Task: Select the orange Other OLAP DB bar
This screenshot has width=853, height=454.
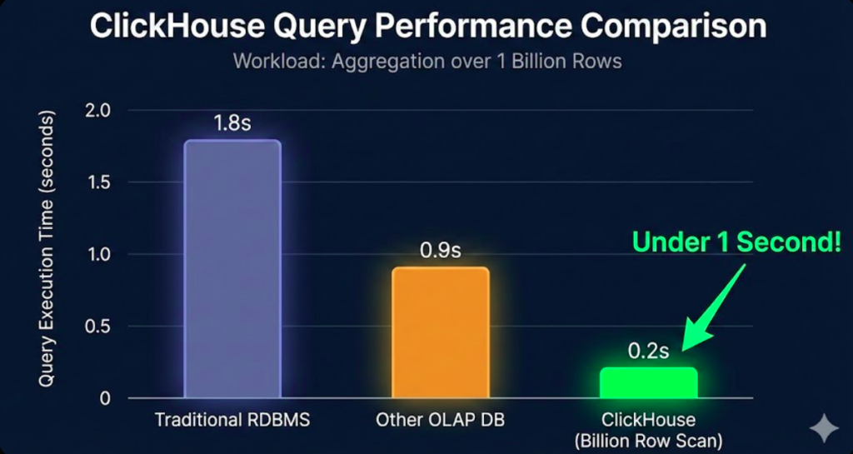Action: point(441,332)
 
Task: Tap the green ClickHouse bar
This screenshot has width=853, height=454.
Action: point(649,382)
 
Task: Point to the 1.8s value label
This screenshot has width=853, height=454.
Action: point(232,123)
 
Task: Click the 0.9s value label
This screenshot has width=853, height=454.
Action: point(441,250)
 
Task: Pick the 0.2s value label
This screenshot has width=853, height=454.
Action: point(649,351)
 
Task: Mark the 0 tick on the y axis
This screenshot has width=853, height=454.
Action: point(105,398)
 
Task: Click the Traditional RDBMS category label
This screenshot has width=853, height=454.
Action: point(232,419)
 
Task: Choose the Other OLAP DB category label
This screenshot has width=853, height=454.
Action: point(441,419)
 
